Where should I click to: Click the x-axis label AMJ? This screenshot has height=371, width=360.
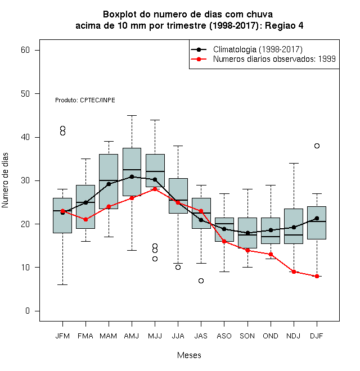coord(132,336)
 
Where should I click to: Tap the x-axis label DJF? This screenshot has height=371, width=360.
coord(317,336)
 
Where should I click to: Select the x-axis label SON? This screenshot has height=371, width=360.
coord(247,336)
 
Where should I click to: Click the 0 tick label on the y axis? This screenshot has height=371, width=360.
coord(28,311)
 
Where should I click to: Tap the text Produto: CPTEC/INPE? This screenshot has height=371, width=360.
coord(85,100)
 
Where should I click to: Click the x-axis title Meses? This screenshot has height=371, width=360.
coord(189,355)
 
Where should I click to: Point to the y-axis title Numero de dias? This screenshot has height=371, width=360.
coord(5,180)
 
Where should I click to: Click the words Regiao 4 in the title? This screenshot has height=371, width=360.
coord(284,25)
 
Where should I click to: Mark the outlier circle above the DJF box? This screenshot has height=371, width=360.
coord(317,146)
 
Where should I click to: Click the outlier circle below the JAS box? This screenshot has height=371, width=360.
coord(201,280)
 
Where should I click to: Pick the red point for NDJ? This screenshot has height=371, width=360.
coord(294,272)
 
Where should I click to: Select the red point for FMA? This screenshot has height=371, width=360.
coord(85,220)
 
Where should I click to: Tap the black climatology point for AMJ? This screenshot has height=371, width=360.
coord(132,177)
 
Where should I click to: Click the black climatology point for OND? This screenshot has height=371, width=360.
coord(271,230)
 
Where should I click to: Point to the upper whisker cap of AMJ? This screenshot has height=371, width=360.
coord(132,115)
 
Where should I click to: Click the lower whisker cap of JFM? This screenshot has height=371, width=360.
coord(62,284)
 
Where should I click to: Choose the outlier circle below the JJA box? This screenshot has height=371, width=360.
coord(178,267)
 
